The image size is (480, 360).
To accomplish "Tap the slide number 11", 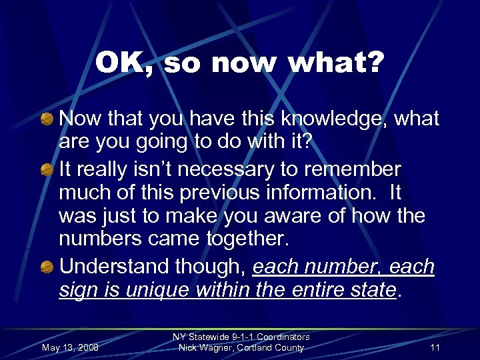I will click(x=435, y=347).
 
